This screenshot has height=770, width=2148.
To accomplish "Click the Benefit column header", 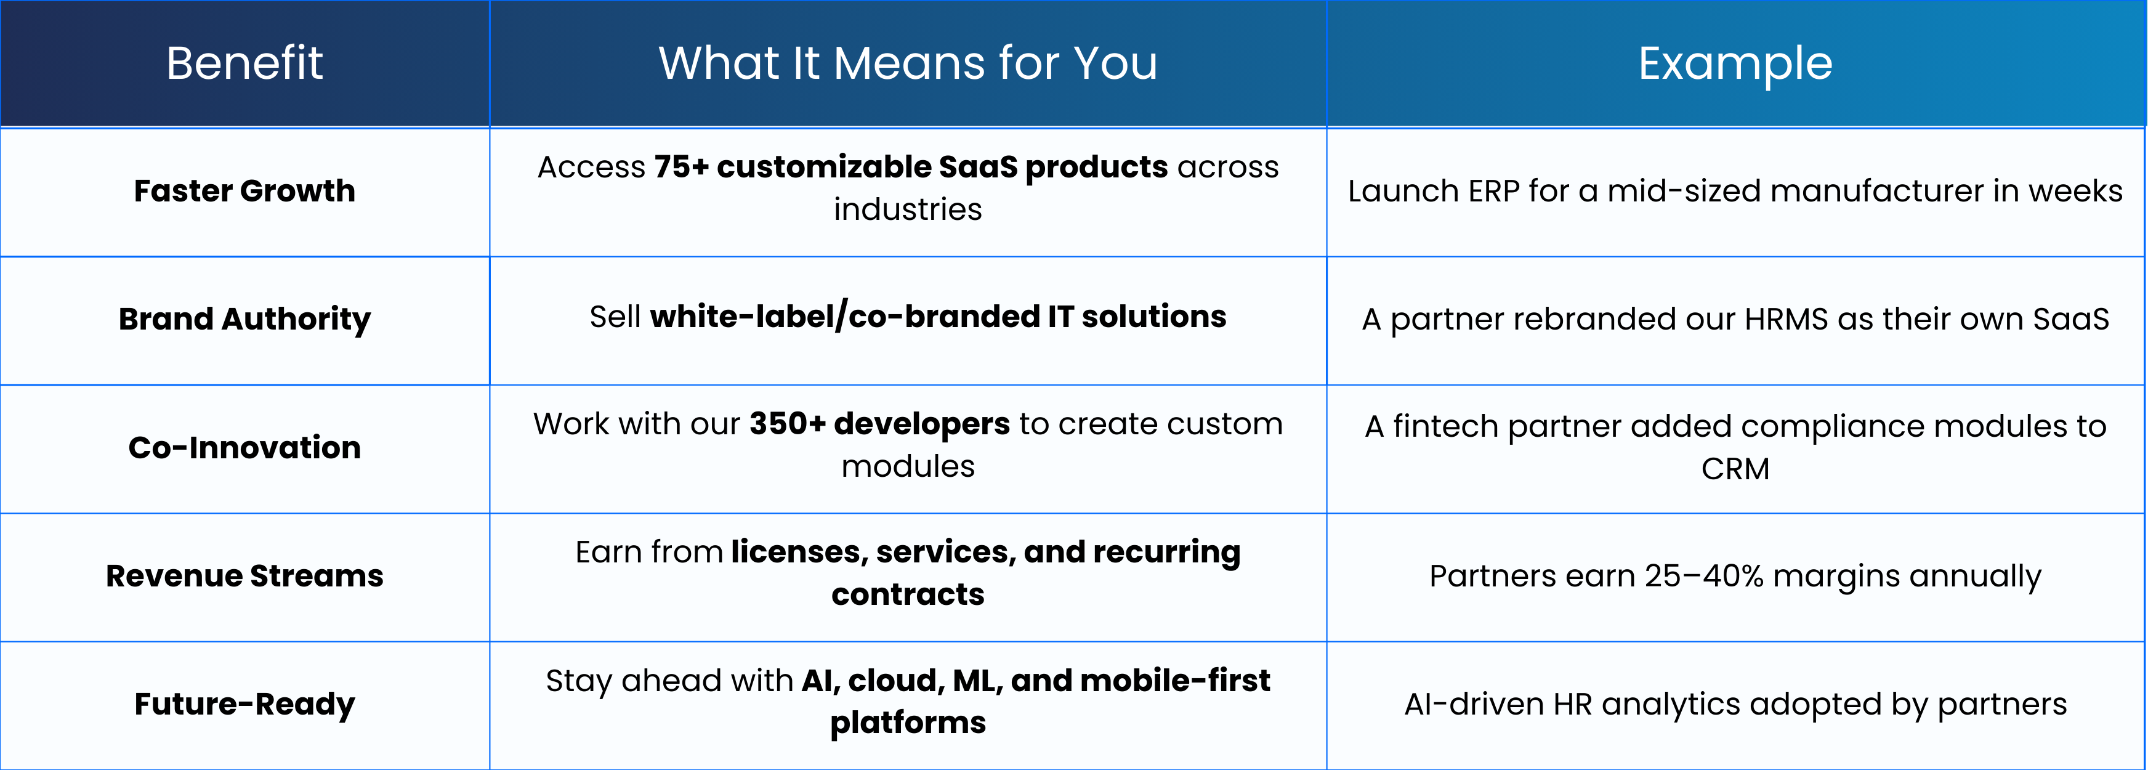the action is pyautogui.click(x=244, y=63).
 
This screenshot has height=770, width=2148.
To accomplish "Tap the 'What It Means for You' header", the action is pyautogui.click(x=908, y=63).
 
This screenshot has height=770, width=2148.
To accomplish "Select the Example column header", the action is pyautogui.click(x=1735, y=64).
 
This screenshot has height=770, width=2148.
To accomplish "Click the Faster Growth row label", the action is pyautogui.click(x=244, y=191).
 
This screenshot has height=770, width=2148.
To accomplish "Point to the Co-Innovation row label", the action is pyautogui.click(x=244, y=448).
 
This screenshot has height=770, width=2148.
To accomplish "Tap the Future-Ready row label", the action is pyautogui.click(x=244, y=705).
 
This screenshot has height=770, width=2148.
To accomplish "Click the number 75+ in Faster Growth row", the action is pyautogui.click(x=681, y=167).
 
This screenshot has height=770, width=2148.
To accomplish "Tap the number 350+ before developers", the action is pyautogui.click(x=787, y=424).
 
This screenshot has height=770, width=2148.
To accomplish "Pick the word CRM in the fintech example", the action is pyautogui.click(x=1735, y=469).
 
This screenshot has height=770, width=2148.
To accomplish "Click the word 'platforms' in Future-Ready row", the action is pyautogui.click(x=908, y=723).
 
